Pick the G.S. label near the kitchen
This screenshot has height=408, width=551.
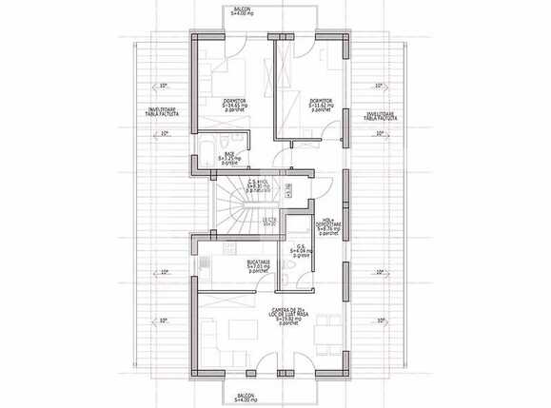pyautogui.click(x=302, y=251)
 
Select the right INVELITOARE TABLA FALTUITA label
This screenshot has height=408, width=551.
pyautogui.click(x=380, y=116)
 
